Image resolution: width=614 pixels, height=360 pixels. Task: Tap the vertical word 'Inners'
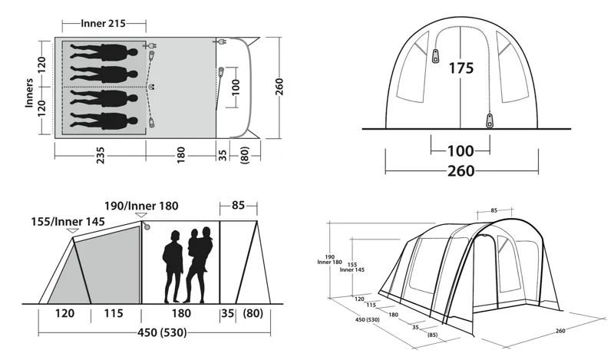click(29, 92)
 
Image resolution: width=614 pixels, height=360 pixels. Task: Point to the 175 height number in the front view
click(460, 68)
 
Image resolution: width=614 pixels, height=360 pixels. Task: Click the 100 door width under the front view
click(460, 150)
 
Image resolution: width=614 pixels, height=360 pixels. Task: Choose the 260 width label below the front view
click(460, 171)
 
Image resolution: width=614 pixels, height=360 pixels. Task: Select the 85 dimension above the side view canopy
click(237, 205)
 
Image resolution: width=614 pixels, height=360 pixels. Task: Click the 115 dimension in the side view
click(112, 313)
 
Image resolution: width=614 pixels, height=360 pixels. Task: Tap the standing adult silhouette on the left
click(174, 265)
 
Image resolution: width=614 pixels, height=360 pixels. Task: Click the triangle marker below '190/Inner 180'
click(143, 217)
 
